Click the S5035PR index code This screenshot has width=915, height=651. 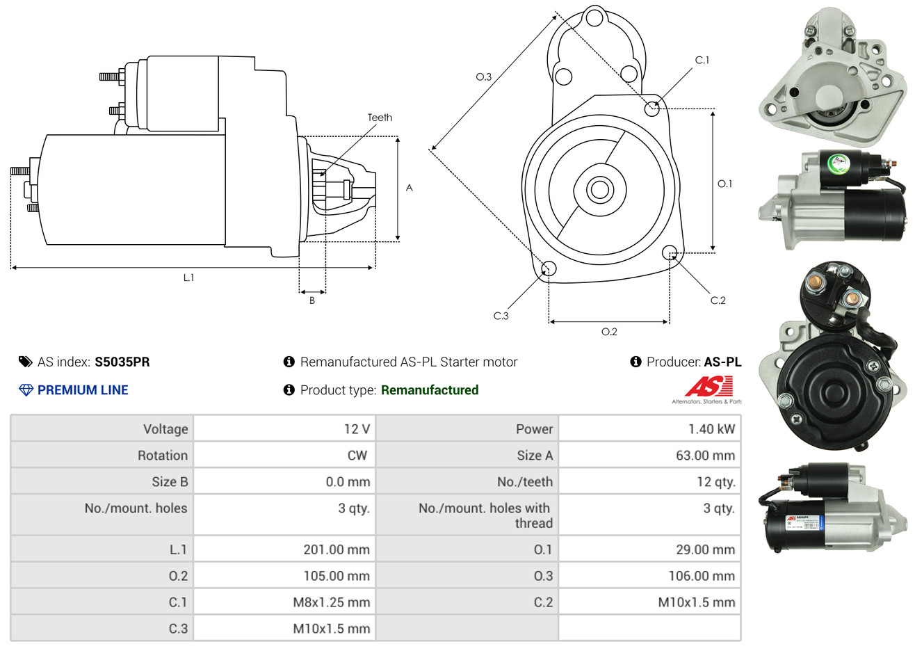122,362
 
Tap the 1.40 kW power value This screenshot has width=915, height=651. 711,429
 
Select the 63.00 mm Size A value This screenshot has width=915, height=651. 705,456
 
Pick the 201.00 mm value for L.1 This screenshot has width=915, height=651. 337,549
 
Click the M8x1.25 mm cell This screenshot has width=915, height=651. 331,602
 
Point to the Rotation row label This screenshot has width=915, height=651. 163,456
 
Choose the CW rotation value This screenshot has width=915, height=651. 357,456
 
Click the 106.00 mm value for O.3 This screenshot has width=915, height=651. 702,576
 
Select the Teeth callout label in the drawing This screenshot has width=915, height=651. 380,118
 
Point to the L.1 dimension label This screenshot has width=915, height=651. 188,278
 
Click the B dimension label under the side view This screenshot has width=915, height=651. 312,300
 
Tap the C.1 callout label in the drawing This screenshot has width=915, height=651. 702,61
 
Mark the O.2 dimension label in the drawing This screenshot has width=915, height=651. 609,332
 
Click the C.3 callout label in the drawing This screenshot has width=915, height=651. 501,316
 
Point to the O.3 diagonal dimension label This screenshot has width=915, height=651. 483,77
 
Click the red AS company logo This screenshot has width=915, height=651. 708,386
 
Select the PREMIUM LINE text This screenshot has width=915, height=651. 83,390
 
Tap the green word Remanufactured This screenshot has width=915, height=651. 430,390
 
